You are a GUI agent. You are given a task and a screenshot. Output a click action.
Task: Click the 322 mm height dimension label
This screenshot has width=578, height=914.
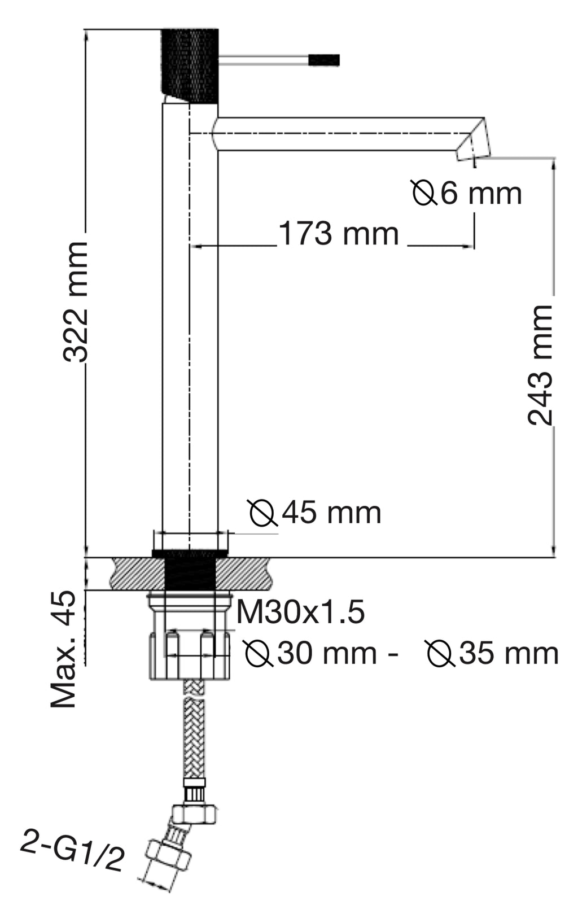(76, 301)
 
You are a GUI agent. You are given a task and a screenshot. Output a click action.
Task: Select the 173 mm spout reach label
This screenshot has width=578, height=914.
(339, 234)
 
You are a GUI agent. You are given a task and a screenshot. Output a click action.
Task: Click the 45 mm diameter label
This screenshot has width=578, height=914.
(316, 513)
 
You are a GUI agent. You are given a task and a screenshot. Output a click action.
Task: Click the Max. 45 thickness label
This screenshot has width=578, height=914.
(64, 649)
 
